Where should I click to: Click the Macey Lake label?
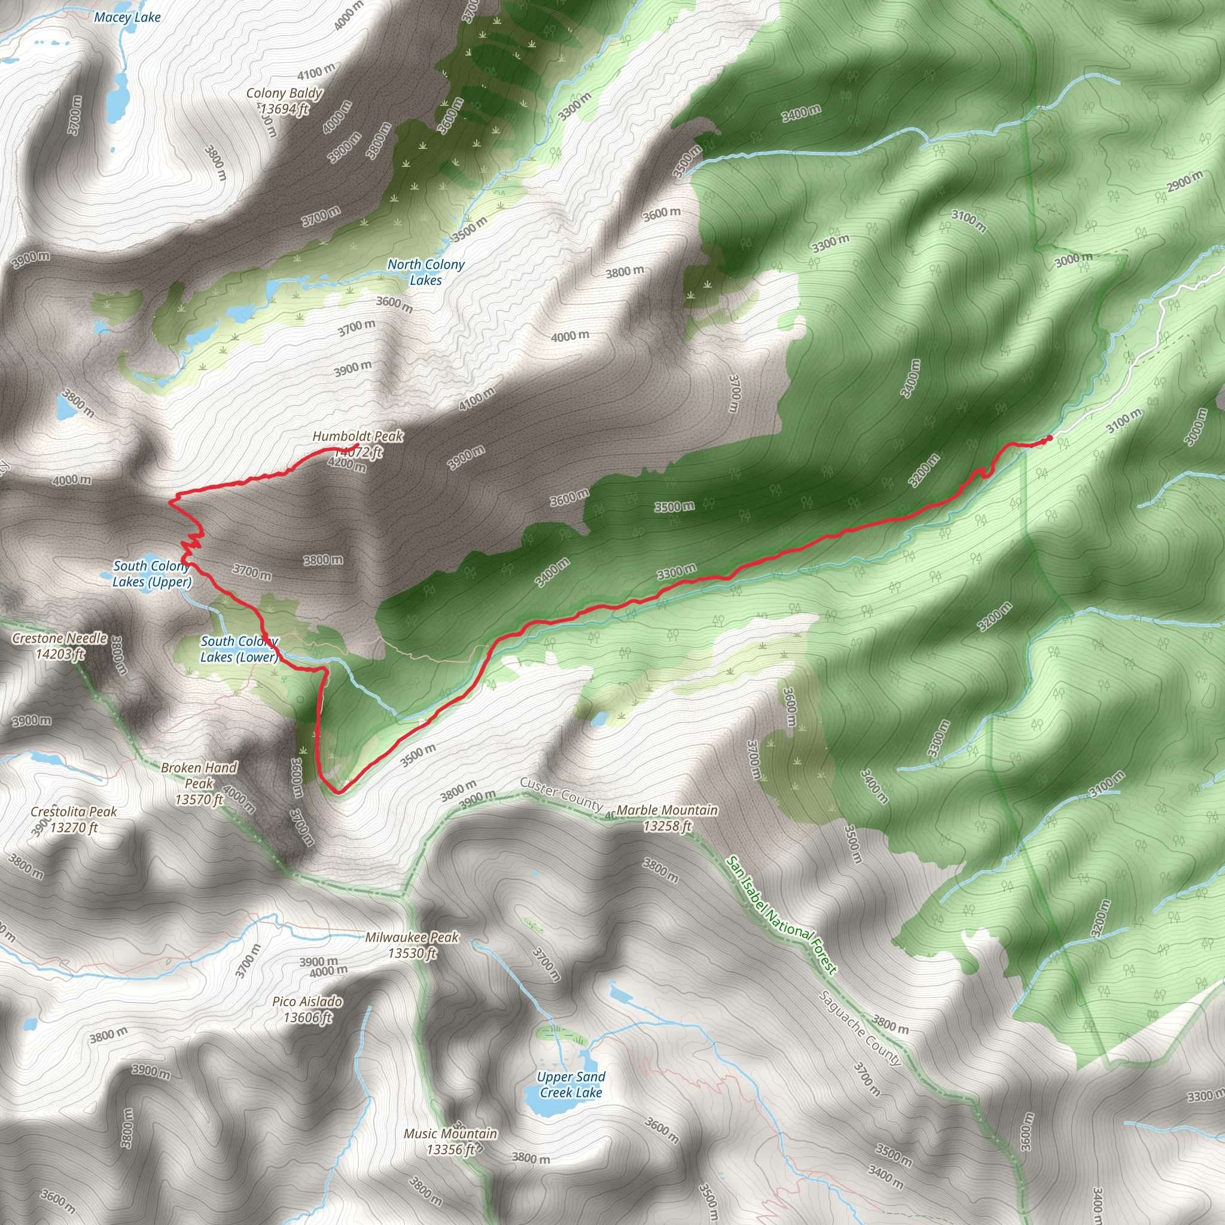[127, 18]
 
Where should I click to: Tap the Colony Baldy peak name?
[284, 94]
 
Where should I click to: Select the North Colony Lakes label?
[426, 272]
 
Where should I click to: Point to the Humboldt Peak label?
[358, 437]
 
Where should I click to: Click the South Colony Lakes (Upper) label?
[151, 574]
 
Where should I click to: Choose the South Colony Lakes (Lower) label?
[239, 649]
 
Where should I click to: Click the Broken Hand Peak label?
[199, 784]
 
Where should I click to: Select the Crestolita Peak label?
[74, 819]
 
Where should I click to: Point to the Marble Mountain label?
[667, 817]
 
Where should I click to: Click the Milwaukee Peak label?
[412, 944]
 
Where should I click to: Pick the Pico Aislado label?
[307, 1009]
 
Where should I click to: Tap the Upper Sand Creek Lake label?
[571, 1084]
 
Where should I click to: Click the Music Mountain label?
[451, 1141]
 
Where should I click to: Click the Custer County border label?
[560, 794]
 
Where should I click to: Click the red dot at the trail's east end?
[1050, 438]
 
